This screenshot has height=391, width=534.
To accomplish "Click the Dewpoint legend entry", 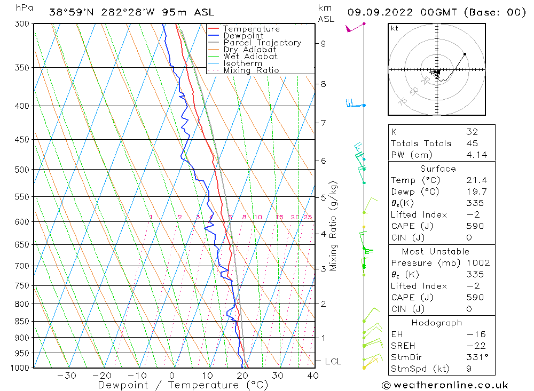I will pyautogui.click(x=243, y=36).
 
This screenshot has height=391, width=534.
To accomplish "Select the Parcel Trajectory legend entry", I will pyautogui.click(x=262, y=43).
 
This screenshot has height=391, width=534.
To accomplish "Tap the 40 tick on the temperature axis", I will pyautogui.click(x=313, y=376).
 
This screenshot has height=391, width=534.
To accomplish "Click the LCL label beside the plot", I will pyautogui.click(x=333, y=361).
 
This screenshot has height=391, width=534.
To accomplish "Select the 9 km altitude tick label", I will pyautogui.click(x=324, y=43).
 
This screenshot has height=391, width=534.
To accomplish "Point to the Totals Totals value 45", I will pyautogui.click(x=472, y=143).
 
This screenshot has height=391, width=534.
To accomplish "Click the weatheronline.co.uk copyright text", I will pyautogui.click(x=445, y=385).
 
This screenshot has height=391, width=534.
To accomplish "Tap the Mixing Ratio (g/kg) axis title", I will pyautogui.click(x=334, y=226).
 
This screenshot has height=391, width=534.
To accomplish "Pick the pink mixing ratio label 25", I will pyautogui.click(x=308, y=217).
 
